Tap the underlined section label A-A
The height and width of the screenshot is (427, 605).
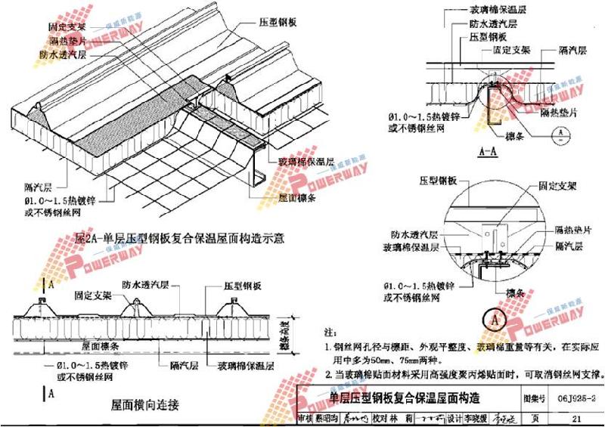(x=489, y=151)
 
